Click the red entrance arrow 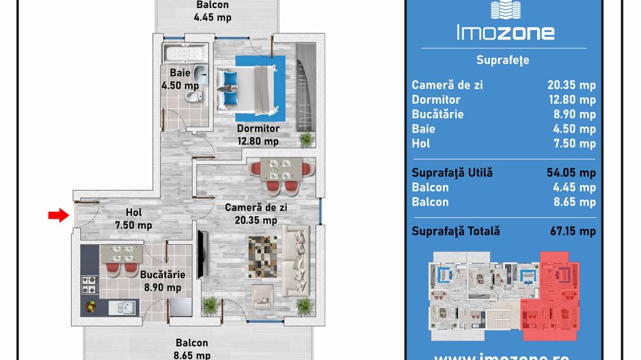click(x=59, y=215)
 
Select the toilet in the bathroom click(x=194, y=97)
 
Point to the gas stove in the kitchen click(x=90, y=286)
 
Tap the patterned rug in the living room click(x=263, y=257)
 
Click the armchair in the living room click(x=262, y=296)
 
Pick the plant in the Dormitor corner click(x=306, y=139)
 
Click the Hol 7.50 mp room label click(x=134, y=219)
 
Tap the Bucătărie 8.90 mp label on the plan click(x=163, y=281)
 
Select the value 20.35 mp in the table click(x=571, y=85)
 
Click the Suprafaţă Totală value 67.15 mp click(x=573, y=232)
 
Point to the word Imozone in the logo click(x=506, y=32)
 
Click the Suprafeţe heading click(x=503, y=60)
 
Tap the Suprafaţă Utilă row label click(x=452, y=173)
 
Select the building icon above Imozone click(x=506, y=10)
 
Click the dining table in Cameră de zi click(x=282, y=169)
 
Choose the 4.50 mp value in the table click(x=574, y=129)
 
